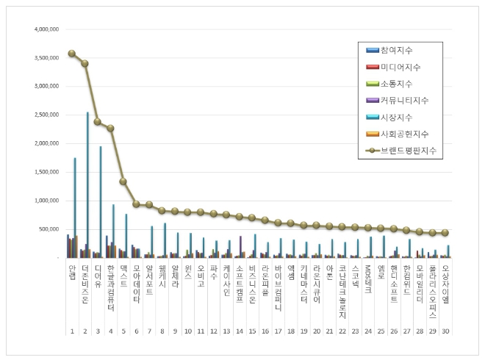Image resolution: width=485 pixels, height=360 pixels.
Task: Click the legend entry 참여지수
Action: click(x=397, y=50)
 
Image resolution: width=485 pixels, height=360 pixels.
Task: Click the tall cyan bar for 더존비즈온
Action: click(x=87, y=184)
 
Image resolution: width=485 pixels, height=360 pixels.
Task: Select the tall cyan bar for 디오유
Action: click(x=101, y=201)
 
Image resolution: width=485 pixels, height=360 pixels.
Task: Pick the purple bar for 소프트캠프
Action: click(x=240, y=247)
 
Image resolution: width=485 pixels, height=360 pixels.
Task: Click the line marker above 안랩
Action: click(x=72, y=54)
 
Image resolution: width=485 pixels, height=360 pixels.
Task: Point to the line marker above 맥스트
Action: click(x=123, y=181)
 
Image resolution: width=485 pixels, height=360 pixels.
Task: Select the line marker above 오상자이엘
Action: click(x=445, y=232)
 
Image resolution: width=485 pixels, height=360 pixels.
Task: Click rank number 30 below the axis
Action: click(x=445, y=331)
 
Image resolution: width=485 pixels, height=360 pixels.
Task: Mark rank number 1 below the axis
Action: click(x=72, y=331)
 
